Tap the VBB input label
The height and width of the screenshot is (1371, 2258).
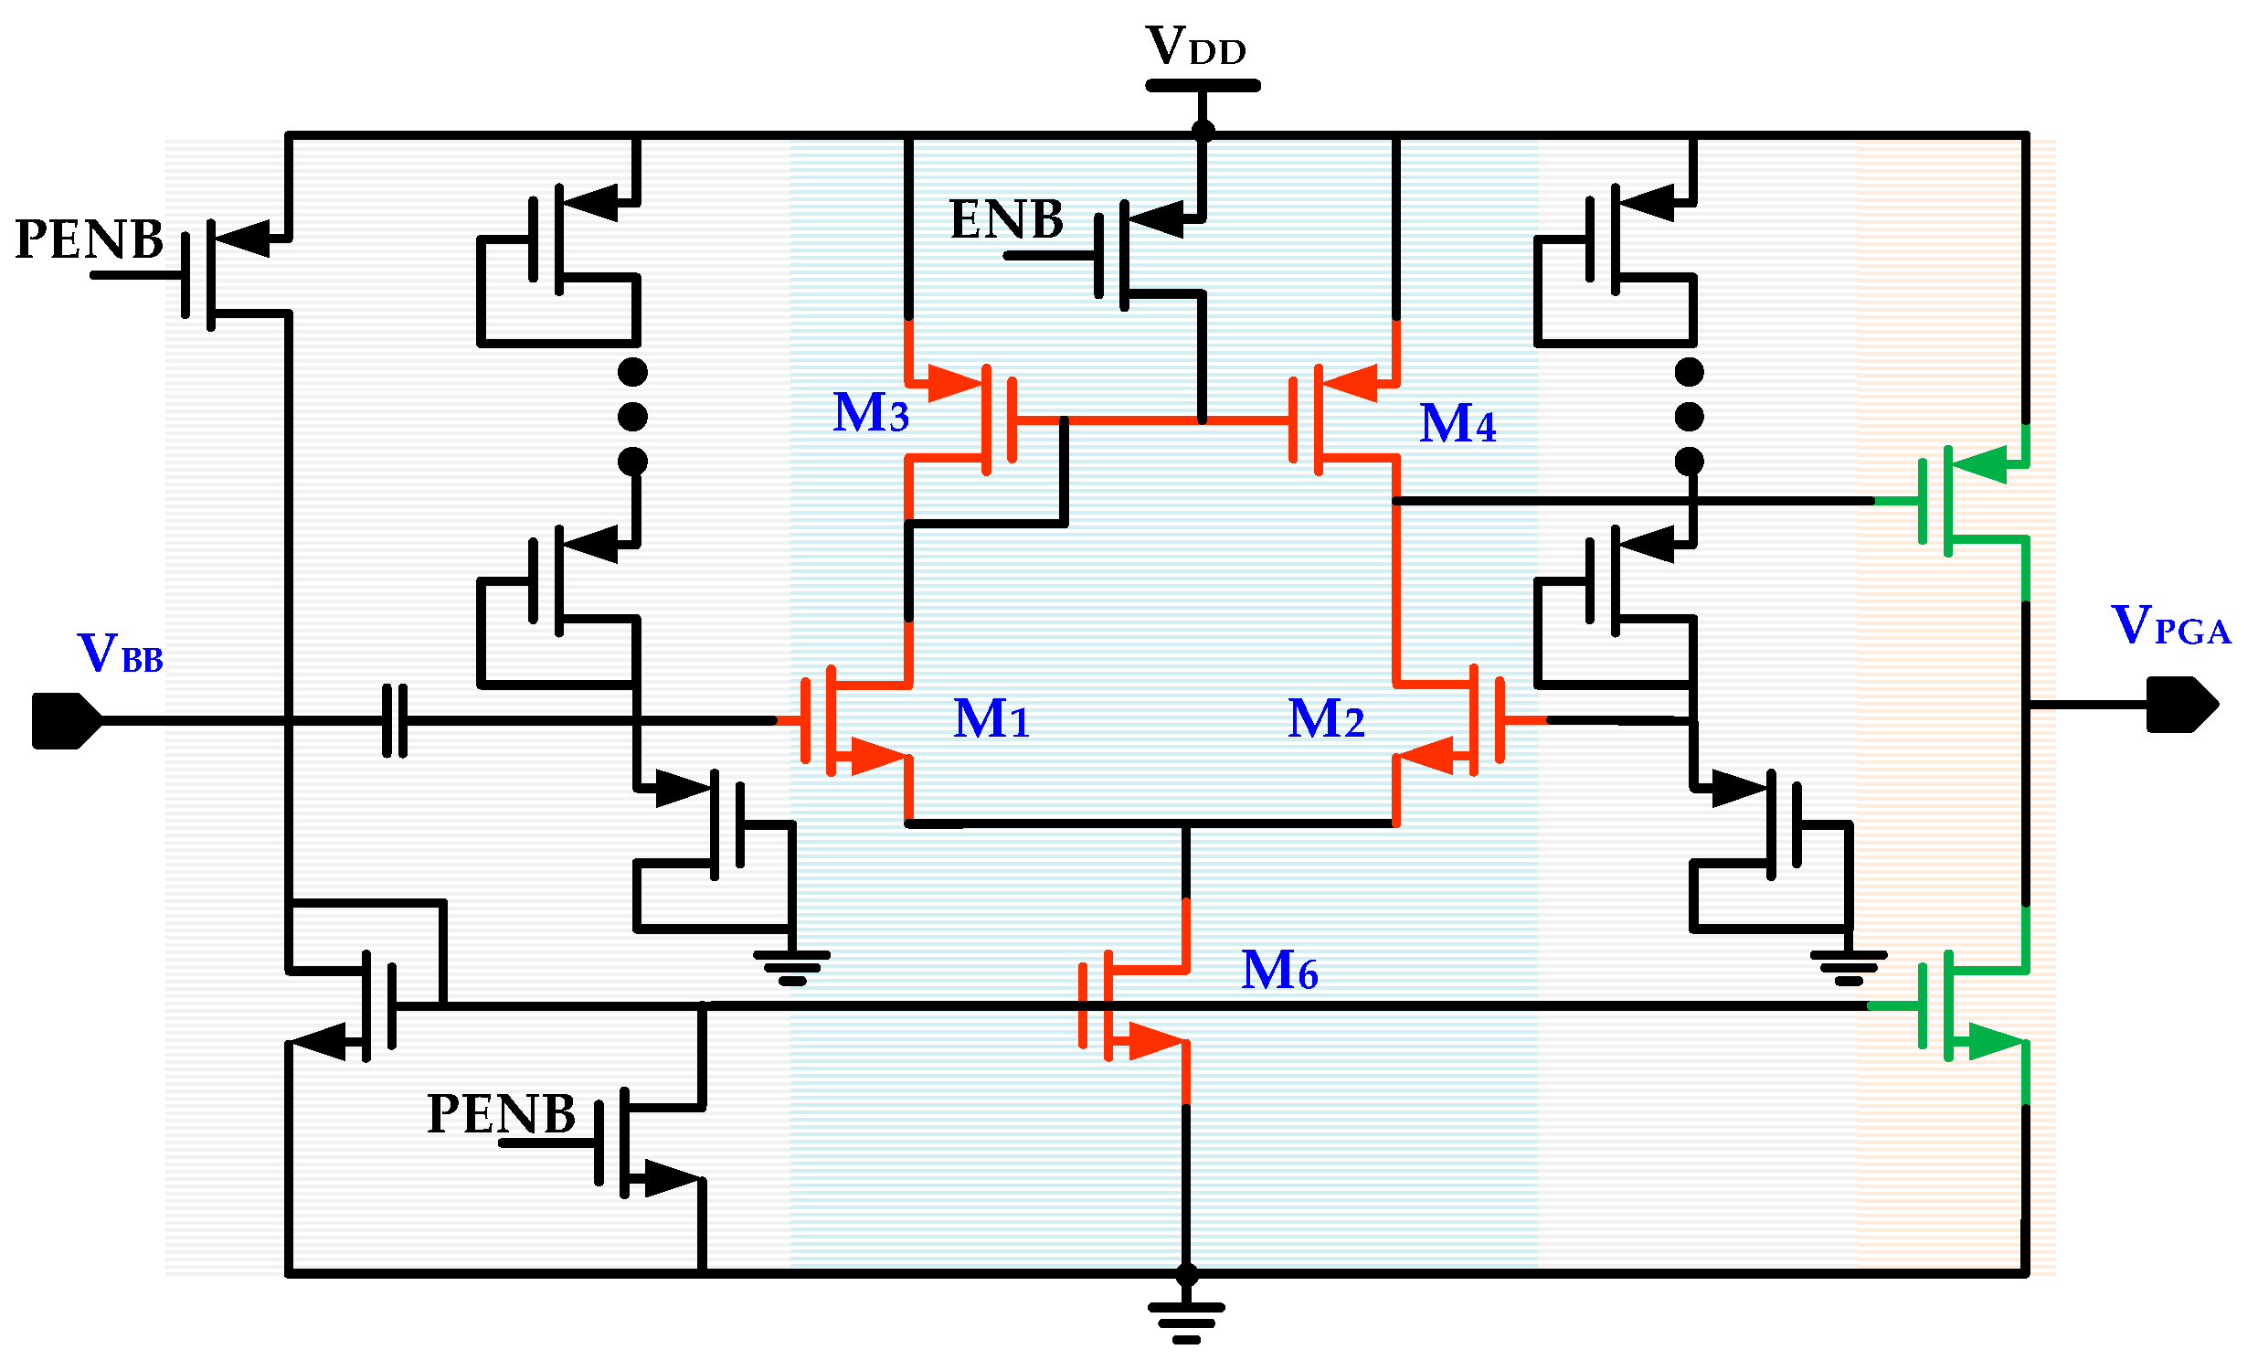click(x=120, y=654)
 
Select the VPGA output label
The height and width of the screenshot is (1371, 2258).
click(x=2169, y=625)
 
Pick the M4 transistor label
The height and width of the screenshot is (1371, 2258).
click(x=1458, y=423)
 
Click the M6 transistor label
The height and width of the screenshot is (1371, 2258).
click(x=1279, y=970)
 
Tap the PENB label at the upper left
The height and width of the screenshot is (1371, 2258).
click(x=89, y=239)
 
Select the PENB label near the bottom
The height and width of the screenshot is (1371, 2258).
click(x=502, y=1113)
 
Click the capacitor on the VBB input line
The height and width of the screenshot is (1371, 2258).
click(x=394, y=720)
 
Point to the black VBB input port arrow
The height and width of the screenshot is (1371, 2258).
click(x=67, y=721)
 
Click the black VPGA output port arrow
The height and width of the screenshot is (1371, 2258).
click(x=2182, y=704)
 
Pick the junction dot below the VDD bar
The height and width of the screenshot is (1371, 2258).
click(x=1203, y=132)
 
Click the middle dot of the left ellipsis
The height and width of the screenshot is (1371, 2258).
click(x=632, y=416)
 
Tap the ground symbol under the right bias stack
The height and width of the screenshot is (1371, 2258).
click(x=1849, y=967)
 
